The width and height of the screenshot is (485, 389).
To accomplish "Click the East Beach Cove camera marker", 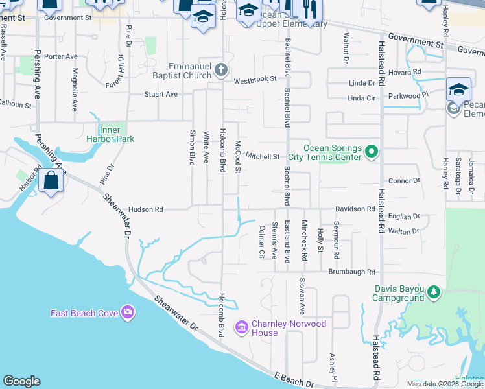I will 127,313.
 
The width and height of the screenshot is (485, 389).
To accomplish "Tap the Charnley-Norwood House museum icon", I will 242,328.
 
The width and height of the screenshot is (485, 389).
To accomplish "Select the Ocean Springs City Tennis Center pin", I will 371,152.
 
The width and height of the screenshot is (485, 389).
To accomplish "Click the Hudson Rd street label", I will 145,209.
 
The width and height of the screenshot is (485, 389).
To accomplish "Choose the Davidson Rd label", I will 355,209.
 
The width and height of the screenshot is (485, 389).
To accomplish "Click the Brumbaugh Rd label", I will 352,272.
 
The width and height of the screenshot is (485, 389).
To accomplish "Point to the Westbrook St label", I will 255,79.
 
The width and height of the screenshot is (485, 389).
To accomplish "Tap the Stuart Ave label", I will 161,94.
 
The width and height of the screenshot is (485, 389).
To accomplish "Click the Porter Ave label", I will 61,56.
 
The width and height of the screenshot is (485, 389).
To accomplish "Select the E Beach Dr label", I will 289,376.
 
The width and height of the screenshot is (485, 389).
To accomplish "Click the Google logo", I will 21,381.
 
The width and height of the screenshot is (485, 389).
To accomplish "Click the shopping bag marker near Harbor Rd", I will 50,181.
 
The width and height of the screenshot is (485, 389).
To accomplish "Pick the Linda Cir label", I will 361,98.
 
